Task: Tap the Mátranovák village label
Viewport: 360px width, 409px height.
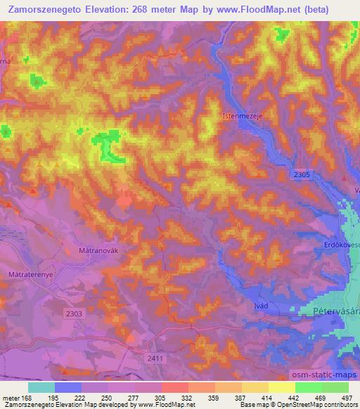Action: pos(94,249)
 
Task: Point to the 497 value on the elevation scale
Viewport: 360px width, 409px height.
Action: pos(347,398)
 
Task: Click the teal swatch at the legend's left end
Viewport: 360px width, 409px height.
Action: pos(41,387)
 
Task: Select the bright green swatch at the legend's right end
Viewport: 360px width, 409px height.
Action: pos(335,387)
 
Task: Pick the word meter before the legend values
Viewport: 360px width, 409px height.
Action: pos(11,398)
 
